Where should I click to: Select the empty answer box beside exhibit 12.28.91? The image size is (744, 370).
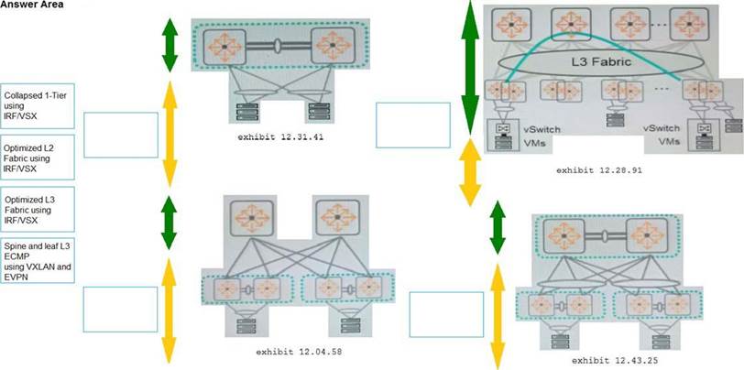[413, 123]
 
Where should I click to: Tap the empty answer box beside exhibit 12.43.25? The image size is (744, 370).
[445, 315]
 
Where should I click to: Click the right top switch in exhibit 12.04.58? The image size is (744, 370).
[335, 219]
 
